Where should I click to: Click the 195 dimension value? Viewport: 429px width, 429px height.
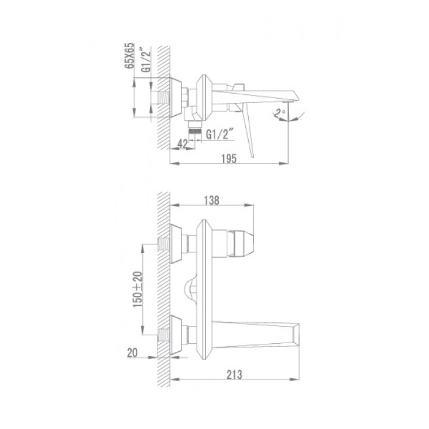pos(229,159)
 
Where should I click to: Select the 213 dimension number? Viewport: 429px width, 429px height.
pos(234,374)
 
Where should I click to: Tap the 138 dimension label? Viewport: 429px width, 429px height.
pos(211,200)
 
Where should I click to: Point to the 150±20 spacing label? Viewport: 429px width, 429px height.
pos(138,289)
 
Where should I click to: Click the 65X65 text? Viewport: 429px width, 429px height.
pos(129,56)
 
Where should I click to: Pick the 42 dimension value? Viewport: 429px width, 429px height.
pos(183,144)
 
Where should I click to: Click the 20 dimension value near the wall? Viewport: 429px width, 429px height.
pos(132,352)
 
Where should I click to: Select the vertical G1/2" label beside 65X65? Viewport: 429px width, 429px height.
pos(146,59)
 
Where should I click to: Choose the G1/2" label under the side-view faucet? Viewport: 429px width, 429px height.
pos(219,134)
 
